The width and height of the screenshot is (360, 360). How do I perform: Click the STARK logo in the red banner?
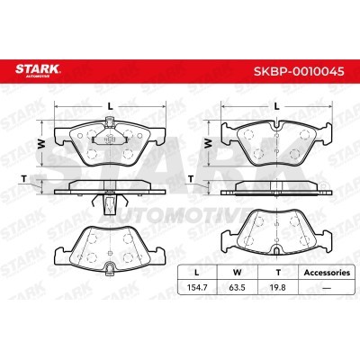(38, 69)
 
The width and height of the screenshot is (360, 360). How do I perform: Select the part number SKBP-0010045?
(299, 71)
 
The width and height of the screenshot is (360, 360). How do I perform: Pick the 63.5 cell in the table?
(237, 287)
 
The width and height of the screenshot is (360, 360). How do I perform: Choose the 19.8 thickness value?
(278, 287)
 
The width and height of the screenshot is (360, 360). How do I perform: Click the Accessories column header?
(327, 273)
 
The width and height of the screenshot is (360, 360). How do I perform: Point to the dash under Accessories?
(327, 288)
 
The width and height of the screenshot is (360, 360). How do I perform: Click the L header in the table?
(197, 273)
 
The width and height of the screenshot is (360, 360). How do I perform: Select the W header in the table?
(238, 273)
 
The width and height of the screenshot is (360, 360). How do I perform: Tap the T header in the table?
(278, 273)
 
